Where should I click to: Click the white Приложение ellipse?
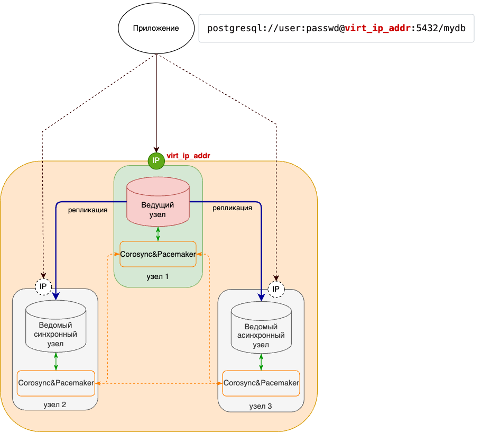click(x=156, y=29)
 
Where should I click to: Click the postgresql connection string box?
click(x=336, y=29)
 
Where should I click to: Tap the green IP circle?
click(x=156, y=160)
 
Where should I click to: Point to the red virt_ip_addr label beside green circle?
click(x=189, y=156)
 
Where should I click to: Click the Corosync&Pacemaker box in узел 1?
click(x=158, y=254)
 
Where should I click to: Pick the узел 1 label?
click(x=158, y=276)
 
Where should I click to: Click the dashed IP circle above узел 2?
click(x=44, y=286)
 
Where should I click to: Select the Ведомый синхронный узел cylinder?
click(x=56, y=327)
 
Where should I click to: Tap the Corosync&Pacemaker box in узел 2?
click(x=56, y=383)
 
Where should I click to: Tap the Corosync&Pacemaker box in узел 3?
click(x=261, y=383)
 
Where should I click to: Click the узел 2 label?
click(x=55, y=405)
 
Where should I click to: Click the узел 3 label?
click(x=261, y=406)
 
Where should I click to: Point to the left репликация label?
click(x=88, y=210)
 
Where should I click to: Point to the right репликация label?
click(x=232, y=208)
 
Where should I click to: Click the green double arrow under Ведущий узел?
click(x=158, y=233)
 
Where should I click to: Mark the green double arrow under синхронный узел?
click(x=56, y=361)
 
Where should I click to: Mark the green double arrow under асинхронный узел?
click(x=261, y=362)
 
